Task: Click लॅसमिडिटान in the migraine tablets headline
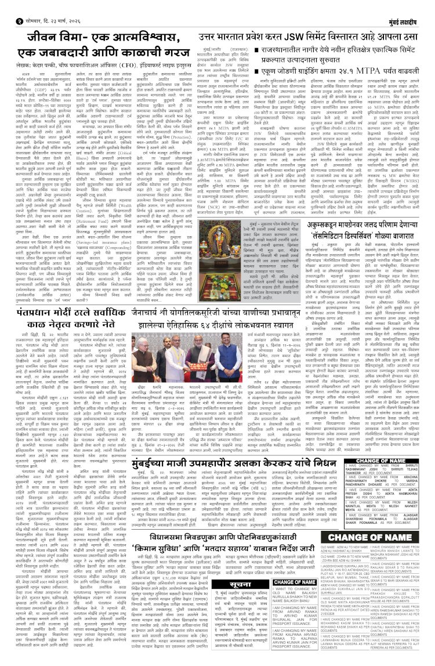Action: (346, 247)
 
